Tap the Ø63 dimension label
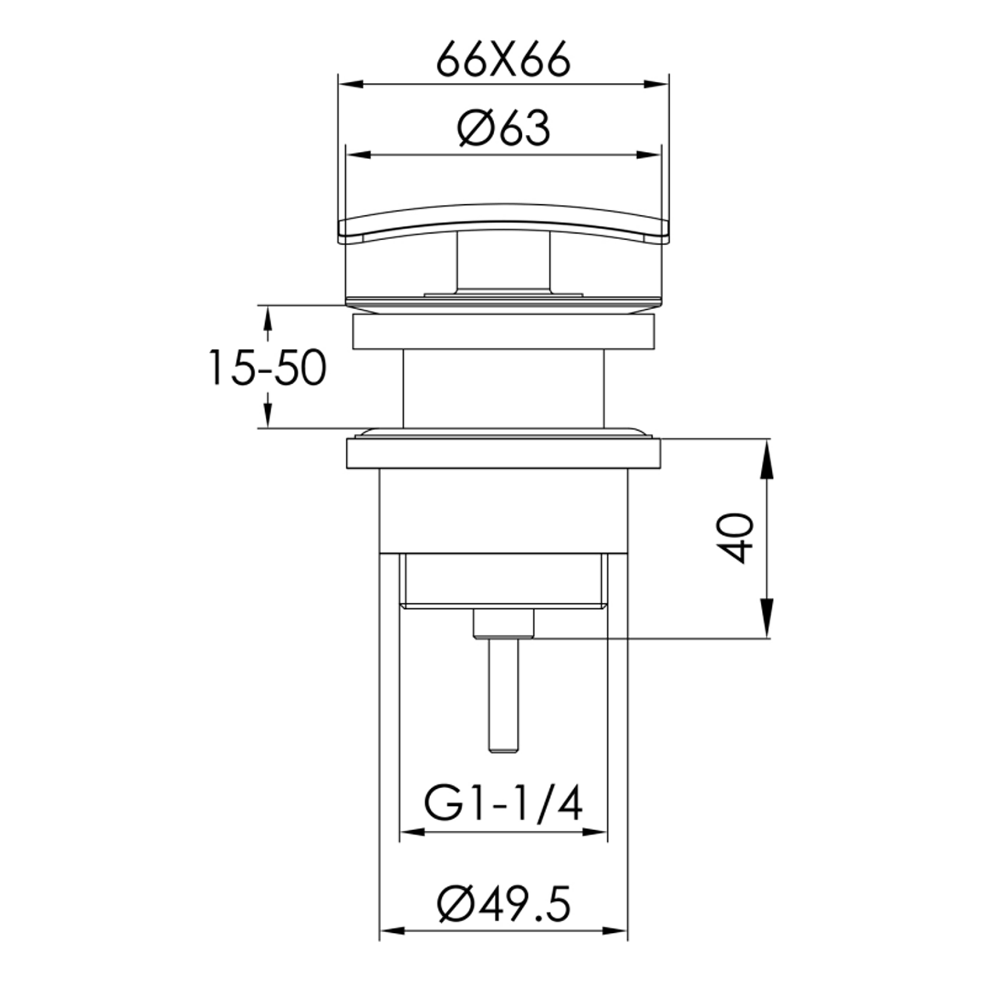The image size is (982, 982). [x=503, y=128]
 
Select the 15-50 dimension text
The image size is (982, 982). [x=266, y=368]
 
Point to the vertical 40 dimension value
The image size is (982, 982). [x=739, y=538]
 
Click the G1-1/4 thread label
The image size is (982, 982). [x=503, y=805]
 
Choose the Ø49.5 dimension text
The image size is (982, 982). [x=503, y=905]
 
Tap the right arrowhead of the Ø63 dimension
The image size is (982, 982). [x=649, y=155]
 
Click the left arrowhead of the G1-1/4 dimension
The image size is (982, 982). [x=410, y=833]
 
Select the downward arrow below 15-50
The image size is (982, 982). [x=267, y=414]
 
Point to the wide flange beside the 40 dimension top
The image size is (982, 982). [x=503, y=454]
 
